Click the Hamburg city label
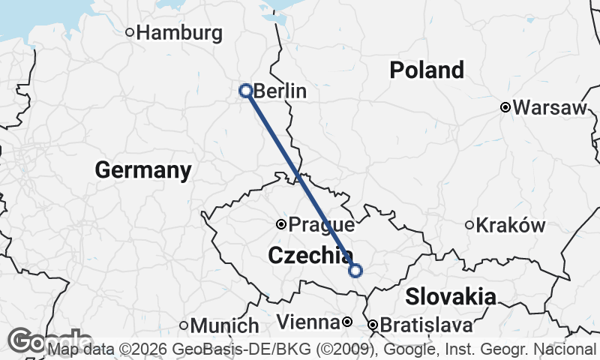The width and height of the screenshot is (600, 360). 180,33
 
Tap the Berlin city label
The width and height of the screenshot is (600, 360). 280,91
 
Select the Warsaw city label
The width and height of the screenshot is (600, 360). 550,108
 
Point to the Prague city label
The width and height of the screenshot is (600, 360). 322,224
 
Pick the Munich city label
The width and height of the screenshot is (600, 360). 224,326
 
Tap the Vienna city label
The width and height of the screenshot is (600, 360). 308,323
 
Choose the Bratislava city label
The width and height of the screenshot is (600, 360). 426,325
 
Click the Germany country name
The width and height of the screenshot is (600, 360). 143,170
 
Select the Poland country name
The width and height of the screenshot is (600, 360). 427,70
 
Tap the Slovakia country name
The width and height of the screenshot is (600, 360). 450,296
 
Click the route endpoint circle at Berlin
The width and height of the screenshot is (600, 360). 245,91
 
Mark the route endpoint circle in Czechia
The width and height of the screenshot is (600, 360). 355,271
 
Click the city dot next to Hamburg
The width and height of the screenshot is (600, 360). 130,32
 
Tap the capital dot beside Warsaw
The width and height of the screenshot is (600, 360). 505,108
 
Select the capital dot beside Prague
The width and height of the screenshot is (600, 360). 281,223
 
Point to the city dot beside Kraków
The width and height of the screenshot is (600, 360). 469,225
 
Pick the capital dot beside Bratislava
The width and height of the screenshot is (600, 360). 373,325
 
